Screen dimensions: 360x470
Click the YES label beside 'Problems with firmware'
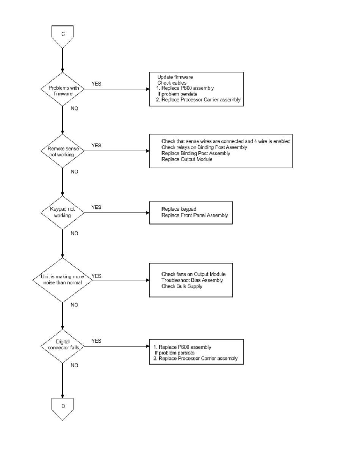coord(96,84)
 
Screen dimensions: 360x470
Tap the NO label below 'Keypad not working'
coord(74,233)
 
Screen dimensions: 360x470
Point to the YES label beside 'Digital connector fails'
coord(96,341)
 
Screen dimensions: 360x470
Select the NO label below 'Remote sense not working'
coord(74,172)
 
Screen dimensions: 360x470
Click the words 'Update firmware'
coord(175,77)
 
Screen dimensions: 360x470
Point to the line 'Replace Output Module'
coord(187,159)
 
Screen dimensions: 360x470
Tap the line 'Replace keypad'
coord(179,209)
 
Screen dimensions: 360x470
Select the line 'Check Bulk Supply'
coord(182,286)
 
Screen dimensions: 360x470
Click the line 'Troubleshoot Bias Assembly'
coord(192,280)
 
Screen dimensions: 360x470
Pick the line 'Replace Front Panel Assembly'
coord(195,215)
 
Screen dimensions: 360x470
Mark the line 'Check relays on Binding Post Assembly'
coord(204,147)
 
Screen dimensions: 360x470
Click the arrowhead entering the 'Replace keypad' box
coord(148,212)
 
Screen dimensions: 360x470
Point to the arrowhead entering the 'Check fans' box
coord(148,280)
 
